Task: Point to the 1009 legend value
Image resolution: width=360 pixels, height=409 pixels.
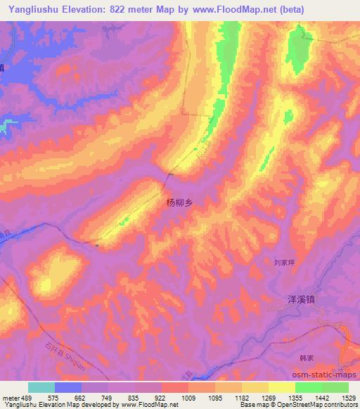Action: [188, 396]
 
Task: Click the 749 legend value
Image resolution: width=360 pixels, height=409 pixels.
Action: [108, 396]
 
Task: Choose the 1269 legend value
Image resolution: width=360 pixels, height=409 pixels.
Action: [269, 396]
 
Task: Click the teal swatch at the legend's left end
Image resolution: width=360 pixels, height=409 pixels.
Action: [41, 387]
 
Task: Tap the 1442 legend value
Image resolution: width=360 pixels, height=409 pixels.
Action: [322, 396]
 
